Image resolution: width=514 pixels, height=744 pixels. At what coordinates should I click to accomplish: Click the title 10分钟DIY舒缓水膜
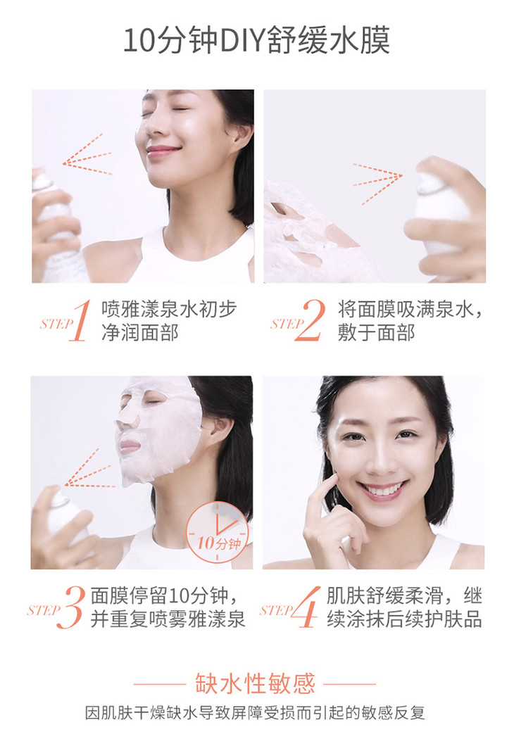tap(256, 40)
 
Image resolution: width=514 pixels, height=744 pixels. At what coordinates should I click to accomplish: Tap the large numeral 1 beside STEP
tap(80, 320)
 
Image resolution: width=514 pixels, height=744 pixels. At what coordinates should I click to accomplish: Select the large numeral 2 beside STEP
tap(311, 320)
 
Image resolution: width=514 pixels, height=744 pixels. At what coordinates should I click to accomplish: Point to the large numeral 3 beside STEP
tap(70, 607)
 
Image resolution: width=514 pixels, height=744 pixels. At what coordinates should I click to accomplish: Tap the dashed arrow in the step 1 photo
tap(87, 155)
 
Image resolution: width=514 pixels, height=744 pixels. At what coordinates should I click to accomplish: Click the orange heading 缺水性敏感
tap(256, 683)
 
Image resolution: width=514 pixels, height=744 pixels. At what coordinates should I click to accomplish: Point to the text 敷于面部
tap(377, 332)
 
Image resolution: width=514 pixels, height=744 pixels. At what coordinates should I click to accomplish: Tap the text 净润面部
tap(140, 332)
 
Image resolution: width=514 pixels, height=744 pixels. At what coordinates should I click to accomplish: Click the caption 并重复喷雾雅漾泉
tap(168, 619)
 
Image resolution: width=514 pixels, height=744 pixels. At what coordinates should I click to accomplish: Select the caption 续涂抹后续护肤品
tap(404, 619)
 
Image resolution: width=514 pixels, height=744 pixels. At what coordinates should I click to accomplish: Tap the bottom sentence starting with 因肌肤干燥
tap(255, 713)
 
